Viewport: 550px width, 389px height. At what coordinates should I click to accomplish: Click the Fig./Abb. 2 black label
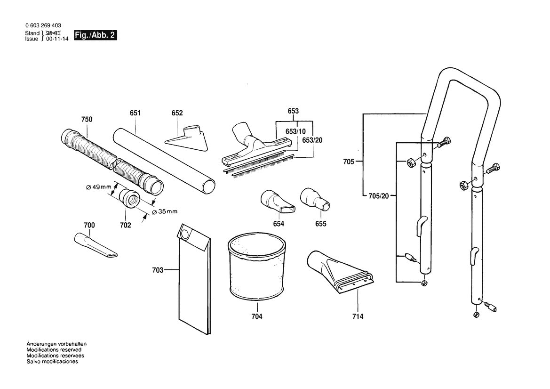pos(95,35)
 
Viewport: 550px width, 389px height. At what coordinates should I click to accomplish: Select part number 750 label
pos(87,120)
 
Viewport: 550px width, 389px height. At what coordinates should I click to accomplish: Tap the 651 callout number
pos(136,113)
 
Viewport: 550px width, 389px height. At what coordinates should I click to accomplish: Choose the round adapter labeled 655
pos(314,198)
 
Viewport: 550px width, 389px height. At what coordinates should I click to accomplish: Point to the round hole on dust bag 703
pos(185,233)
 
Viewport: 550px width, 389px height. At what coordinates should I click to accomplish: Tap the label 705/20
pos(378,196)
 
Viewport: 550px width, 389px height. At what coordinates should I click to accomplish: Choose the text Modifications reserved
pos(54,350)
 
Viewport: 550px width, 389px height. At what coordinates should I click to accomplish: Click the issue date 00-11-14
pos(57,39)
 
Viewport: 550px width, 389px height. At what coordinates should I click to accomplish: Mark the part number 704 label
pos(256,316)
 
